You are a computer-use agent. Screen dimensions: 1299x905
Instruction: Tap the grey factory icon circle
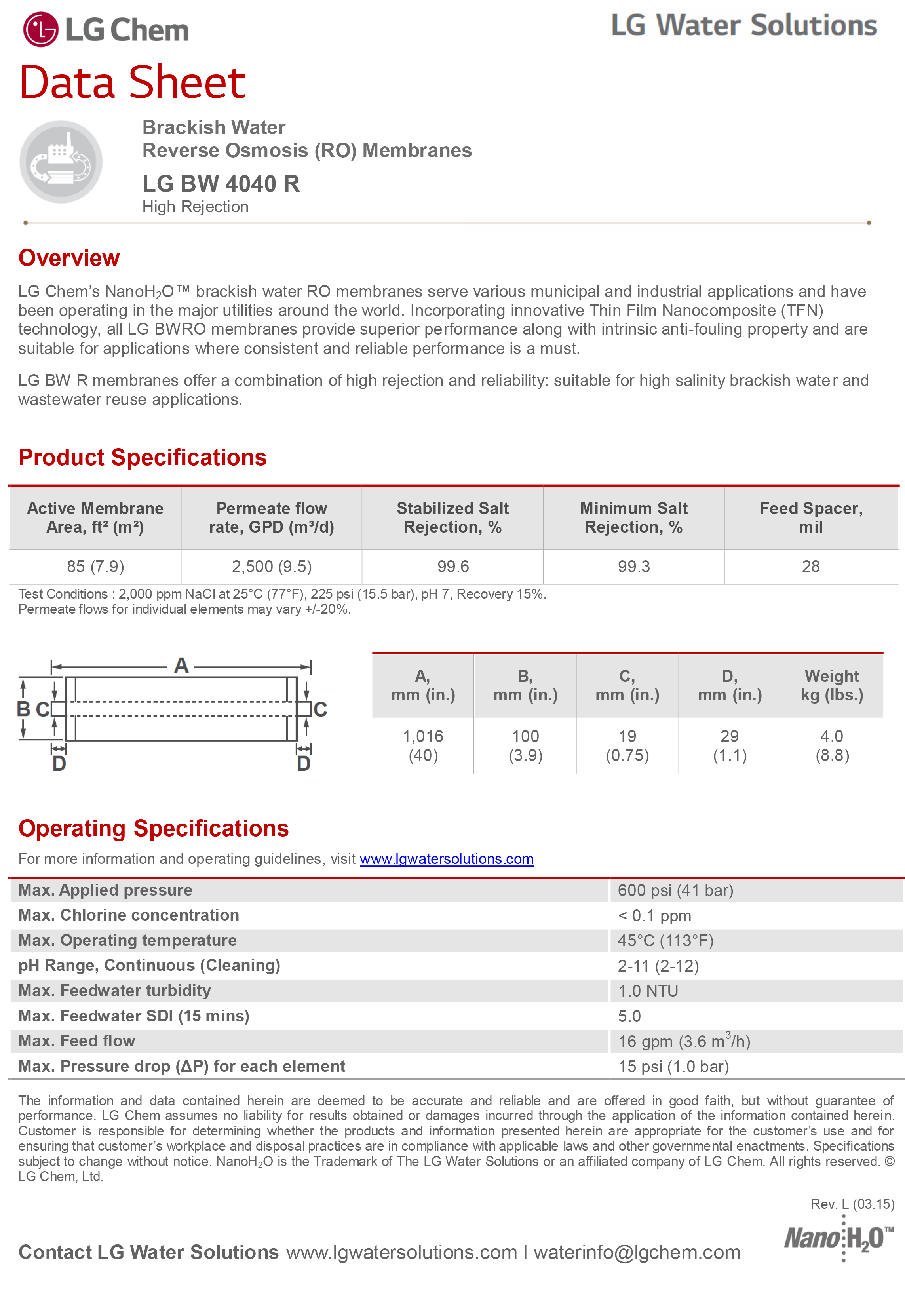click(x=61, y=162)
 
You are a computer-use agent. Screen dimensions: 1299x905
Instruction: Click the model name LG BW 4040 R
click(x=221, y=184)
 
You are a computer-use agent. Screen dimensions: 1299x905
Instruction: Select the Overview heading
click(x=69, y=258)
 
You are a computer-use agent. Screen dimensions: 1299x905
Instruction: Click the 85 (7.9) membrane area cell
click(x=95, y=566)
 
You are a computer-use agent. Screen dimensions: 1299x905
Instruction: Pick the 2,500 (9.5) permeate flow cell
click(x=272, y=566)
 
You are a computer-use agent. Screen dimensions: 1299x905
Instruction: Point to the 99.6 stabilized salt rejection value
click(x=452, y=566)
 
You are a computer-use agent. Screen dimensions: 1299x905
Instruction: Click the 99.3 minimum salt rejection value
click(x=633, y=566)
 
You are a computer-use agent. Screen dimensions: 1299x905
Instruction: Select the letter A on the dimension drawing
click(x=181, y=666)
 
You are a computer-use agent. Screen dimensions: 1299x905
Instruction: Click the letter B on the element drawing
click(x=23, y=709)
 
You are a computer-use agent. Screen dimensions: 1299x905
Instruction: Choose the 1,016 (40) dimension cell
click(x=423, y=746)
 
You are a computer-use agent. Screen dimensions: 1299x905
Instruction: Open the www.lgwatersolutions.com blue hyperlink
click(x=446, y=859)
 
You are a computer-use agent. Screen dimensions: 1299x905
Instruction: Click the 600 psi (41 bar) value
click(x=675, y=890)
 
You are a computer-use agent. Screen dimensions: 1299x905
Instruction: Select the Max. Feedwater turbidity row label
click(x=115, y=991)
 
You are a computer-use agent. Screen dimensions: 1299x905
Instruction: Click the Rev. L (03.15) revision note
click(x=852, y=1204)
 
